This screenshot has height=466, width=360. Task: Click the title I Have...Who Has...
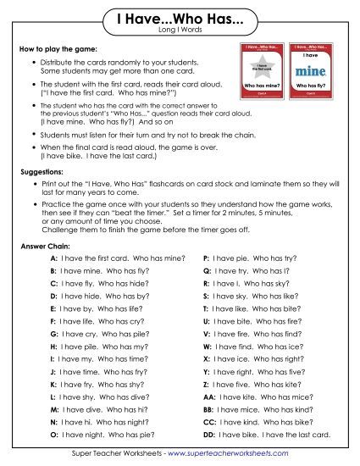(179, 19)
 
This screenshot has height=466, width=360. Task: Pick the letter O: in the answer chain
(53, 435)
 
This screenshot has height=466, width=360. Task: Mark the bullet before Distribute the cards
(32, 64)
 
